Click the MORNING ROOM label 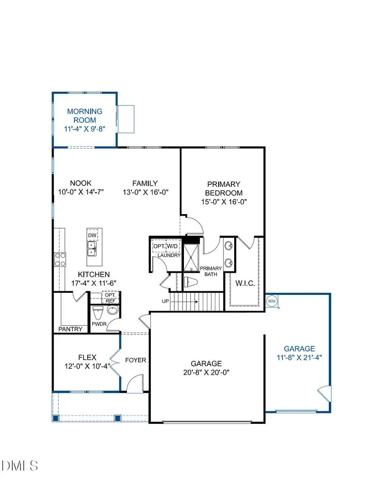85,116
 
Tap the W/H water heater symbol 271,301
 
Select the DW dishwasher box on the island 92,235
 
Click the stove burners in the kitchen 59,259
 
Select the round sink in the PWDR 112,311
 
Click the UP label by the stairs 166,301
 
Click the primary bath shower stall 191,256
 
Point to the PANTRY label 70,329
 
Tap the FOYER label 136,360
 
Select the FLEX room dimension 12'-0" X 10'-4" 87,367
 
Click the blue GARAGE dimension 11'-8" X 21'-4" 299,357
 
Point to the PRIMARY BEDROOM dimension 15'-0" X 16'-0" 224,201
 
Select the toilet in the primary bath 191,282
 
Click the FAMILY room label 145,183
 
